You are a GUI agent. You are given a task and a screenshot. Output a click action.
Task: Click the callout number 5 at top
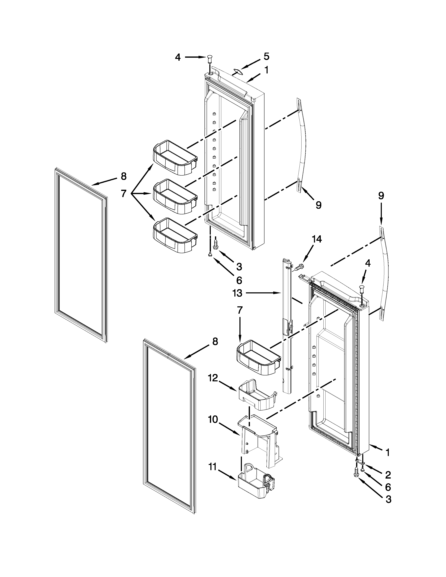pyautogui.click(x=266, y=56)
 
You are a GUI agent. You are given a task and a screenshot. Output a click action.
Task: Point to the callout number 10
pyautogui.click(x=213, y=419)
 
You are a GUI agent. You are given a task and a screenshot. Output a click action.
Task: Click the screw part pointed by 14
pyautogui.click(x=299, y=267)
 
